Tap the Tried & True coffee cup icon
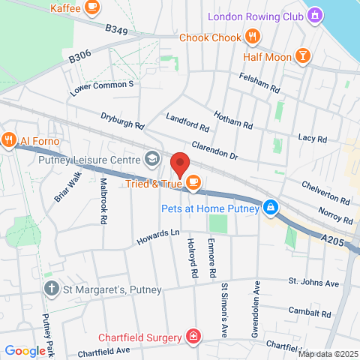(x=193, y=182)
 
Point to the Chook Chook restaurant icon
(x=253, y=37)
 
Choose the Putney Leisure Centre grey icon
(x=152, y=159)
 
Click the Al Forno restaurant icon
(x=9, y=140)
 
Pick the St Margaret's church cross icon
(x=51, y=288)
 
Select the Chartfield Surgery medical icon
(x=194, y=334)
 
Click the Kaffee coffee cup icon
(x=91, y=8)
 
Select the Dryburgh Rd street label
(x=121, y=121)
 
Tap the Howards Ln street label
(x=158, y=238)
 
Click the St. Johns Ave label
(x=314, y=282)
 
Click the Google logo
(x=25, y=350)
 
